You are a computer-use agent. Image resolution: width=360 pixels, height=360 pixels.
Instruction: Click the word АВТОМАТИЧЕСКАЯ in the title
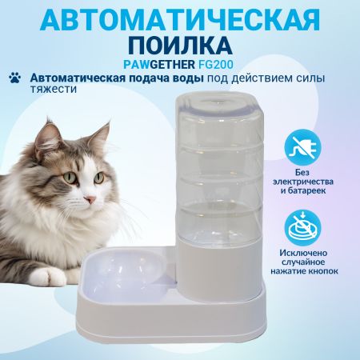[179, 18]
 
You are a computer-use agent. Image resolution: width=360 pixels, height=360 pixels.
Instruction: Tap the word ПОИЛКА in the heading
[179, 42]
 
